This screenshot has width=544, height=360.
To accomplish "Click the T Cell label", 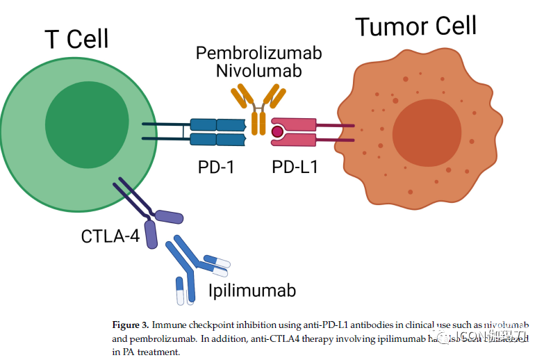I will pyautogui.click(x=76, y=39).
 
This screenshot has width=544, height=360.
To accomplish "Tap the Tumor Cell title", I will pyautogui.click(x=415, y=26).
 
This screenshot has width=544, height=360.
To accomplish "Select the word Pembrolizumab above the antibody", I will pyautogui.click(x=258, y=54).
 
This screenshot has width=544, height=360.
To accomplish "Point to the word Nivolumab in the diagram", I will pyautogui.click(x=258, y=71).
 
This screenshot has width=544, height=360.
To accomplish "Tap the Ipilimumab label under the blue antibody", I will pyautogui.click(x=252, y=290).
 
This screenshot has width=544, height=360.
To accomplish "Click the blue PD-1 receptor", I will pyautogui.click(x=217, y=132).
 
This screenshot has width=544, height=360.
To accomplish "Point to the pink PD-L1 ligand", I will pyautogui.click(x=295, y=132).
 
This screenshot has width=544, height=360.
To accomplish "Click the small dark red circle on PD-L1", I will pyautogui.click(x=277, y=131).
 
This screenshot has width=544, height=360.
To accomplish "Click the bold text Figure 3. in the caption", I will pyautogui.click(x=131, y=325).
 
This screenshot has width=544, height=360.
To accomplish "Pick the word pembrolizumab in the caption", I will pyautogui.click(x=151, y=339).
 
